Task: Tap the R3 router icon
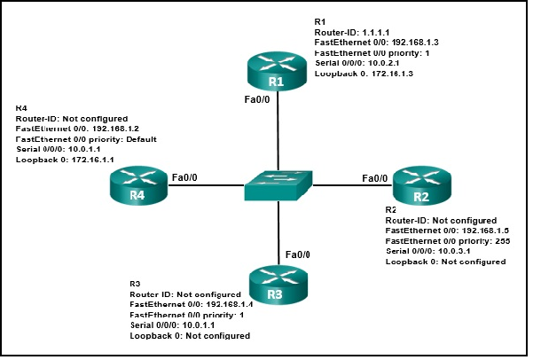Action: (x=277, y=283)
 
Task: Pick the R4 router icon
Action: (x=138, y=187)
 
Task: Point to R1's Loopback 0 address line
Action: (x=364, y=74)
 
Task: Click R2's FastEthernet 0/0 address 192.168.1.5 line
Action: (x=440, y=230)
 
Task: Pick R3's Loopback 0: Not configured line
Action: (x=189, y=336)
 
